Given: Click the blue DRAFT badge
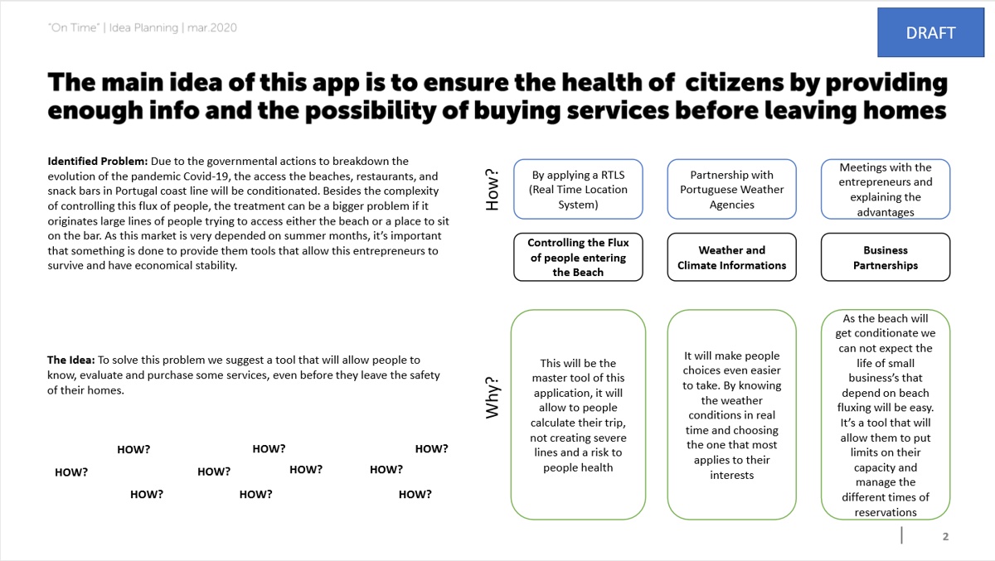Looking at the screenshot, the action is (930, 32).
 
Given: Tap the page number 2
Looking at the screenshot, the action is (945, 537).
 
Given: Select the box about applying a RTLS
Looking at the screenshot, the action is (578, 189).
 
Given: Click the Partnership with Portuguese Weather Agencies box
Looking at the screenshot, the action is (731, 189).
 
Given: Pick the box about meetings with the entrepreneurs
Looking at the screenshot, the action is (886, 189).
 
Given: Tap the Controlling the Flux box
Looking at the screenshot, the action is (578, 257).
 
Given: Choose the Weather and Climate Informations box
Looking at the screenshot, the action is (731, 257).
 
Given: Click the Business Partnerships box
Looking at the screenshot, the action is (886, 257).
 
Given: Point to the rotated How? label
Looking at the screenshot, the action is (493, 190).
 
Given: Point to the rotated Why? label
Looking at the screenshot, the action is (493, 398).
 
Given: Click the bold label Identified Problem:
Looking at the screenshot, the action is (98, 161).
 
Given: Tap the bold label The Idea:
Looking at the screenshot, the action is (71, 360).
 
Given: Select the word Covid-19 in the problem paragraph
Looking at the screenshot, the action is (206, 177).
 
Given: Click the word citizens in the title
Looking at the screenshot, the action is (735, 83).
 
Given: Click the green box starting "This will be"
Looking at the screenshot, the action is (578, 414).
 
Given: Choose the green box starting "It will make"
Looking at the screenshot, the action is (731, 414).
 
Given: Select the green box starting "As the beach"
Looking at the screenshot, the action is (886, 414).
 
